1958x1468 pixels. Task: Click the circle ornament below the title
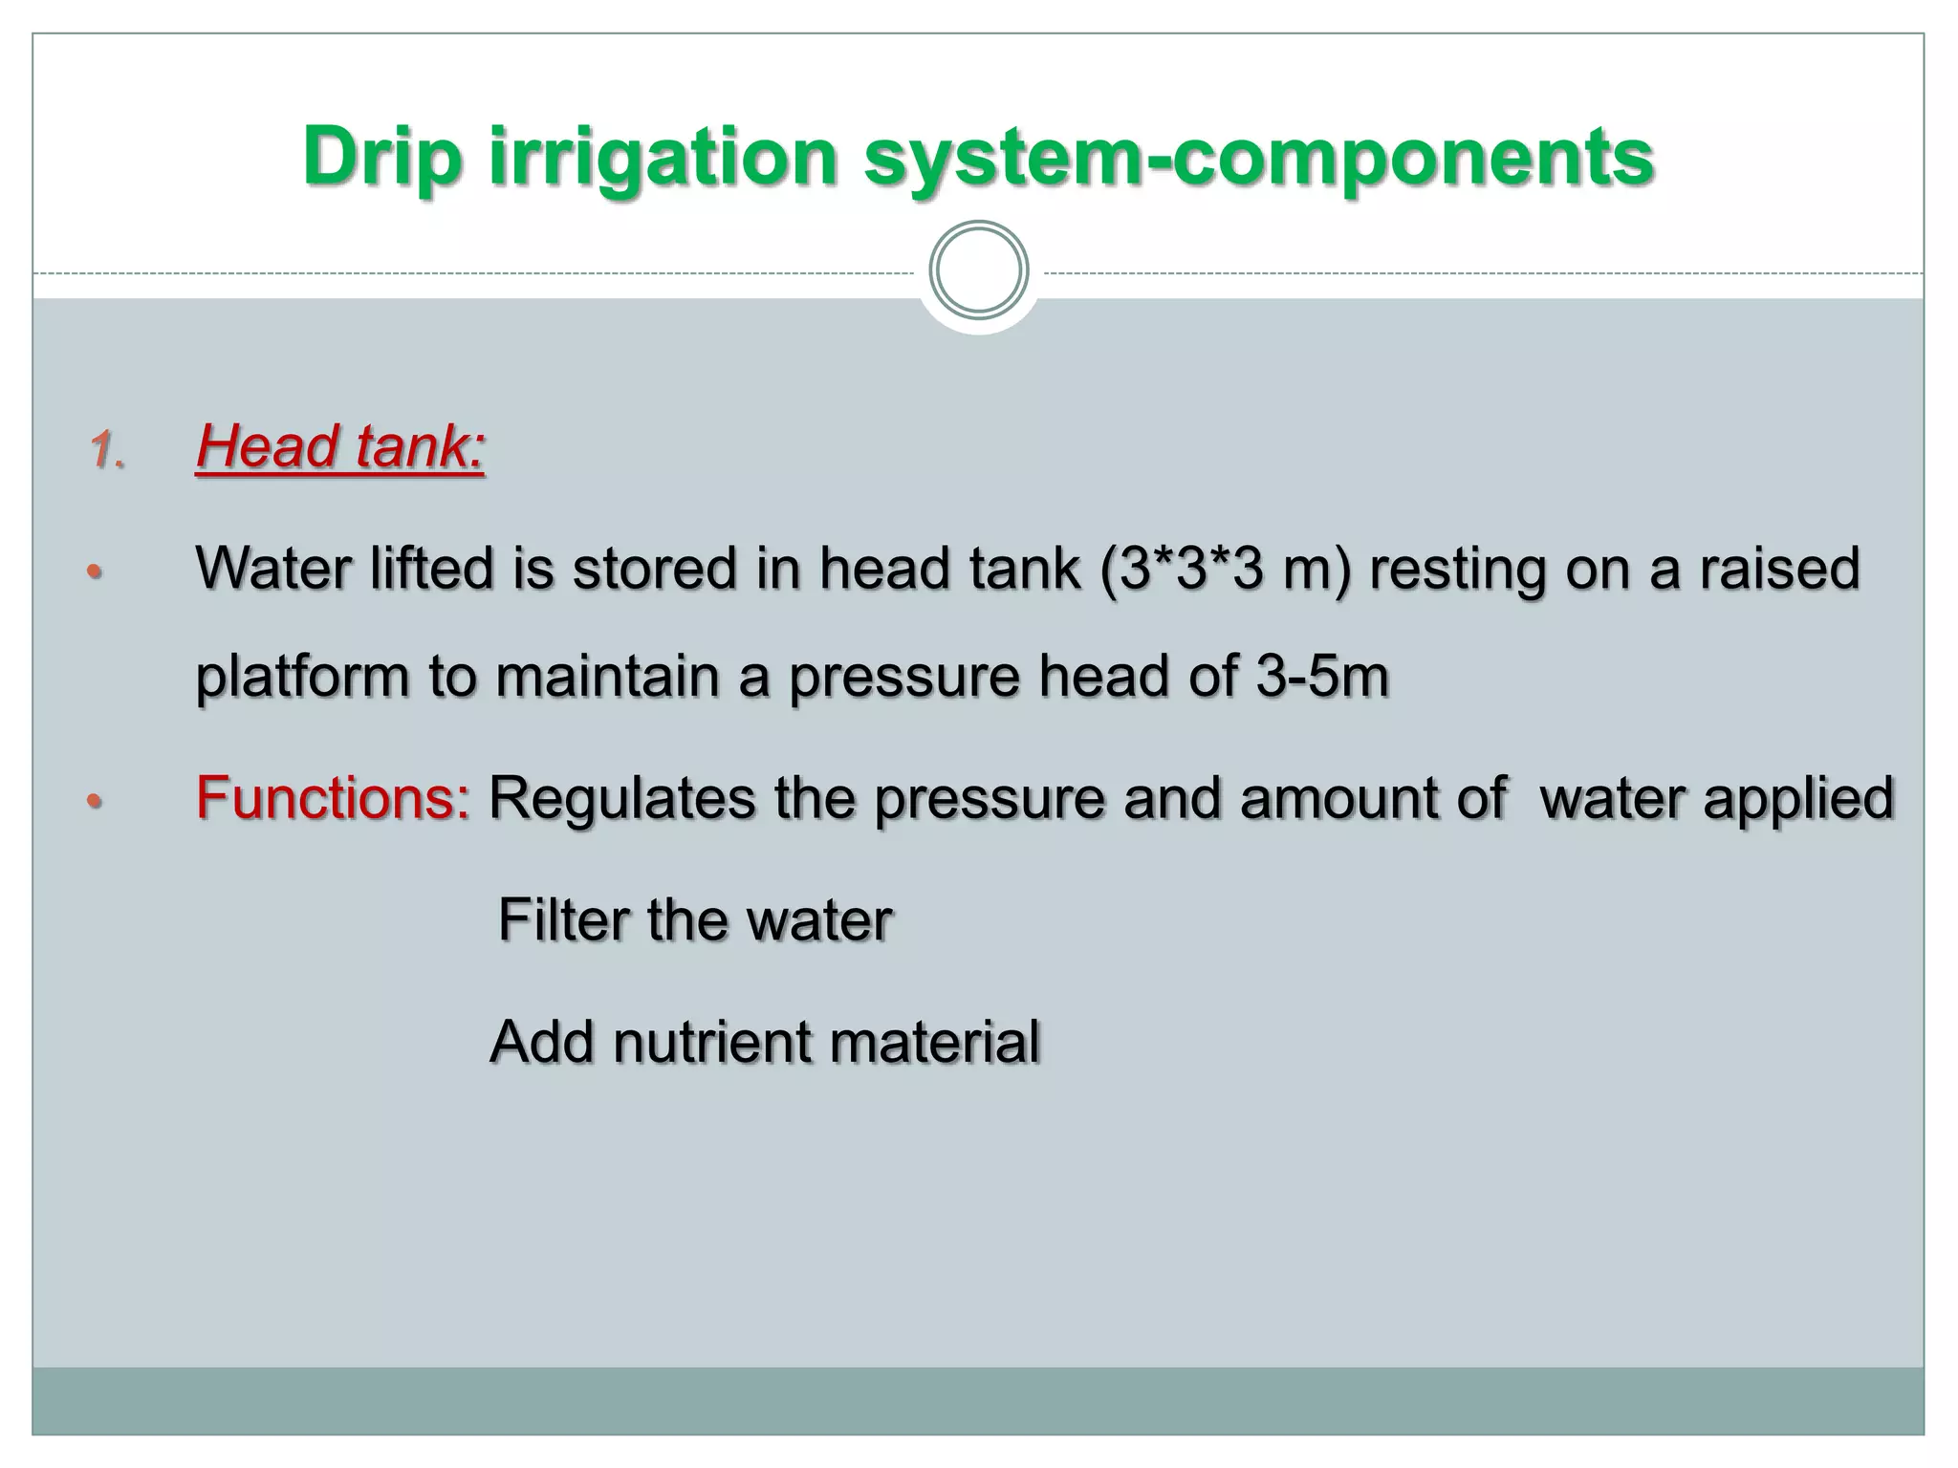coord(978,270)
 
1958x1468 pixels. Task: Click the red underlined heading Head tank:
coord(340,447)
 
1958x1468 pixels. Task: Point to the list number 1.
coord(107,450)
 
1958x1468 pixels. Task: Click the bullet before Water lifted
coord(94,572)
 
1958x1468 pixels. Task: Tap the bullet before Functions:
coord(94,800)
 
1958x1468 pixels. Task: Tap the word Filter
coord(562,920)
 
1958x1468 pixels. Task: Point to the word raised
coord(1779,570)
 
